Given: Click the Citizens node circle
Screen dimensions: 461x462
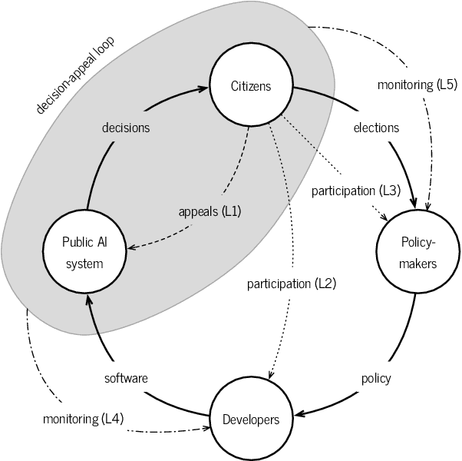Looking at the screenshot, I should (x=251, y=85).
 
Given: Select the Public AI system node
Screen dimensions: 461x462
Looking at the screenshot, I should (x=83, y=251).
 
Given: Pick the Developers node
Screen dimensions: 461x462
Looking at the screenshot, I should (x=251, y=419).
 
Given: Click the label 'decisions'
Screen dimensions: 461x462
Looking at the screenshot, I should (x=126, y=128).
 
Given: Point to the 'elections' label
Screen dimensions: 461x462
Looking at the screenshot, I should (x=376, y=128).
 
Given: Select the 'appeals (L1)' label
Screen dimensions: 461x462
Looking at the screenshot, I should (x=210, y=211).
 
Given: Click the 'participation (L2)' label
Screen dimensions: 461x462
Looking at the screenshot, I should (x=292, y=284).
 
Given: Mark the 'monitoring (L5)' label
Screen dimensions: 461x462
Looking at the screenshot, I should (x=417, y=85).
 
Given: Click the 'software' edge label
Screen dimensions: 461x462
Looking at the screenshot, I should (x=126, y=378).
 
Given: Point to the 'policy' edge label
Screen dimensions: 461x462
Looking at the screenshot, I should (x=376, y=378).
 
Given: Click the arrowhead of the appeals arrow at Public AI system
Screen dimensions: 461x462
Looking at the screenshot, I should (x=130, y=247).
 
